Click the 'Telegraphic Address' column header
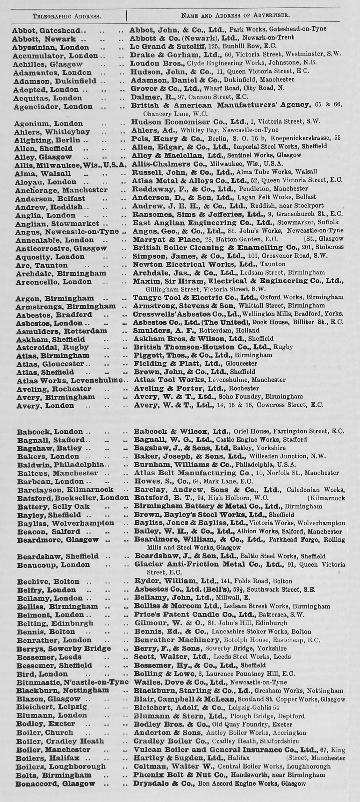click(67, 16)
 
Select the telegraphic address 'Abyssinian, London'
click(51, 48)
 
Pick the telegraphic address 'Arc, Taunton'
click(41, 265)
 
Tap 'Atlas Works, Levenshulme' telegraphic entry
click(69, 381)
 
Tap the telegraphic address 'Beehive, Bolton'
click(48, 582)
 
